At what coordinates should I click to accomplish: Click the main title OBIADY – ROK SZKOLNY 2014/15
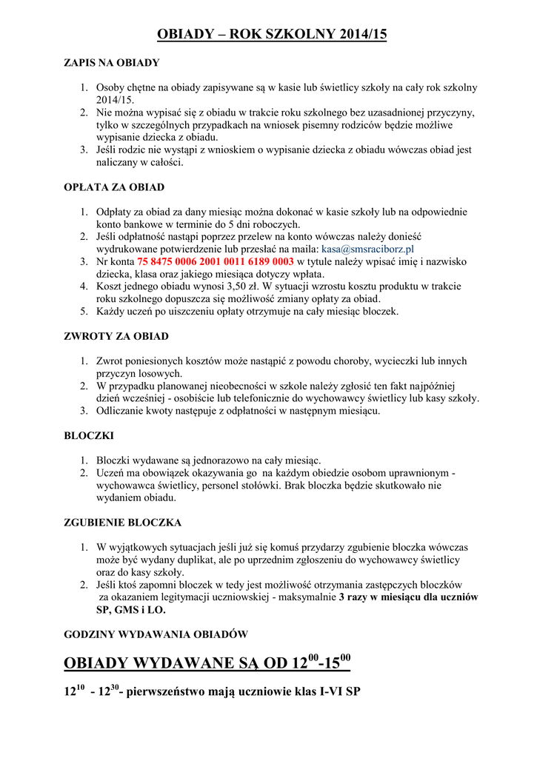click(273, 34)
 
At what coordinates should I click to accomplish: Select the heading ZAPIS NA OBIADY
click(112, 63)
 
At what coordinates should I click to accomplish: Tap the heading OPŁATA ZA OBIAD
click(114, 187)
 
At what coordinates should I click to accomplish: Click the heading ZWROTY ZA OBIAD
click(116, 337)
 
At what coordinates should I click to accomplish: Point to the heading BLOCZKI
click(90, 436)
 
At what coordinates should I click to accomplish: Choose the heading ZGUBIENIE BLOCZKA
click(123, 523)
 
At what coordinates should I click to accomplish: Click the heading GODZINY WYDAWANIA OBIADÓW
click(156, 634)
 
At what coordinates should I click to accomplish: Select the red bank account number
click(216, 262)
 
